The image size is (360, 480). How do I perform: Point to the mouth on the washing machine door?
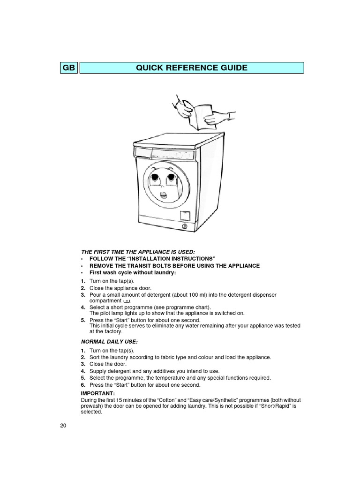(164, 194)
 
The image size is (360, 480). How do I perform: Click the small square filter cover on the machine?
(185, 215)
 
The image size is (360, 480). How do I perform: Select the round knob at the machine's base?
(184, 226)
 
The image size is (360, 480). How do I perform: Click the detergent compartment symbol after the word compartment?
(126, 301)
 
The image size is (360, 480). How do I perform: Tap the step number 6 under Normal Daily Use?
(82, 385)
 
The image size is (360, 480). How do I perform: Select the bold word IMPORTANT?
(97, 393)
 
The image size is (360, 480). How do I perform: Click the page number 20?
(63, 426)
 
